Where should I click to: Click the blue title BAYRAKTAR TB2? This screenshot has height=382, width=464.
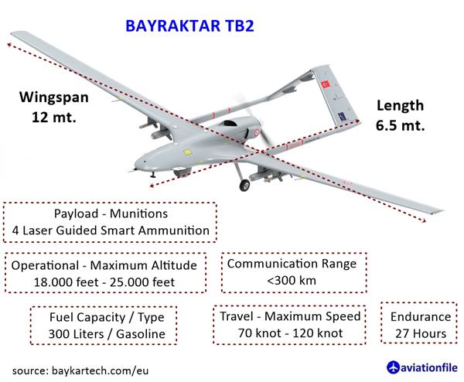189,26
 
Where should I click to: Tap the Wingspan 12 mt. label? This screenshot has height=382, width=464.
54,107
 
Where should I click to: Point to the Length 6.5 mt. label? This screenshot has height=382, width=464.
400,115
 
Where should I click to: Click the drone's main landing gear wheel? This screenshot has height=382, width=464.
244,186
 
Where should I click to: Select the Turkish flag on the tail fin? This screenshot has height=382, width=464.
326,84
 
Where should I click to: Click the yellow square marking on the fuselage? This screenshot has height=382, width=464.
187,152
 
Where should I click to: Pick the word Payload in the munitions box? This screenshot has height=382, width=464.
76,213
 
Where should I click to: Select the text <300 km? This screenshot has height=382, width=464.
292,280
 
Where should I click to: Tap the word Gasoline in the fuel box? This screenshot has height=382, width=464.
141,334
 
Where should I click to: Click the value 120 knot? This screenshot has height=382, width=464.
317,333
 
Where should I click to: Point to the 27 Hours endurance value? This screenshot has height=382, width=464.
421,333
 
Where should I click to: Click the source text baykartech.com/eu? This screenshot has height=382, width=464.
101,370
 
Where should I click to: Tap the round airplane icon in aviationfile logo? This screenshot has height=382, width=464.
393,367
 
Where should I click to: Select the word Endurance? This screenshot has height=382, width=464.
421,316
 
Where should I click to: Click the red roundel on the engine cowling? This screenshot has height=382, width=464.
257,132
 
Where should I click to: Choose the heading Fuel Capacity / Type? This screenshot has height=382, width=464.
107,318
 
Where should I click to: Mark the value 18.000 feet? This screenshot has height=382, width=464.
66,282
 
